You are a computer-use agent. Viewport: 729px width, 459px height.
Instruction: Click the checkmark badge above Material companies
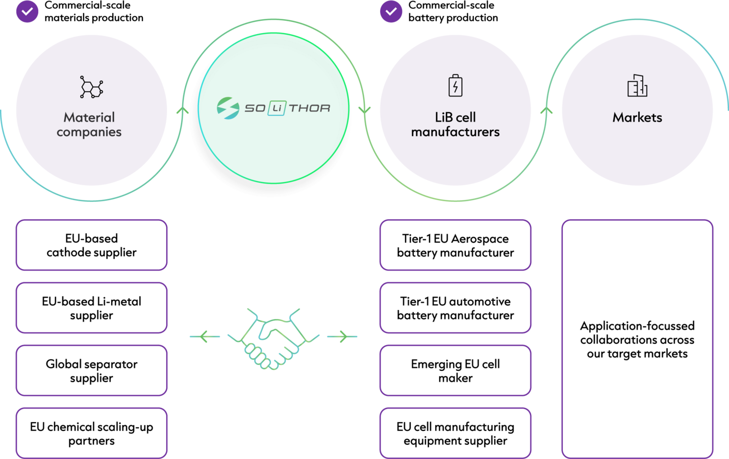27,11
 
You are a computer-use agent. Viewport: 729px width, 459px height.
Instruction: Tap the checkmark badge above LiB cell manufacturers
391,11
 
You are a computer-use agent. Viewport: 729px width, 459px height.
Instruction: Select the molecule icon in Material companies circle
91,87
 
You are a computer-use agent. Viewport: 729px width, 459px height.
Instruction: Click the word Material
89,117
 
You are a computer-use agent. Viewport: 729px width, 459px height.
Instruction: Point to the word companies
89,132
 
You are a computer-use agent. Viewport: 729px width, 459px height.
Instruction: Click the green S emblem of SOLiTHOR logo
228,108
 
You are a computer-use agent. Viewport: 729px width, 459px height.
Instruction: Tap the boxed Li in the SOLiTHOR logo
276,108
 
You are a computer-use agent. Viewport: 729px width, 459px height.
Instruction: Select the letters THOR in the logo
310,108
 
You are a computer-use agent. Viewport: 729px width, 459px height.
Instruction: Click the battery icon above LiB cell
455,85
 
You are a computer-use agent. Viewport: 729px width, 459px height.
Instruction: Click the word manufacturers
455,132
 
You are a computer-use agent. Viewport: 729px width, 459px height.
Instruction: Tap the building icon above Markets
637,85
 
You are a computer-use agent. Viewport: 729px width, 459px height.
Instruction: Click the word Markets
637,117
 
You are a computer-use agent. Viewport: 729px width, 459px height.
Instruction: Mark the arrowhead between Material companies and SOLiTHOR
182,110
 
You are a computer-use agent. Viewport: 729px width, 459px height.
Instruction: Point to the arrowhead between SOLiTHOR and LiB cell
364,110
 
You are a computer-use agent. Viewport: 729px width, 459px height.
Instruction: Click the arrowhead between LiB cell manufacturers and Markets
546,110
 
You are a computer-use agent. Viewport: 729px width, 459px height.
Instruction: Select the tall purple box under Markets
637,339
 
